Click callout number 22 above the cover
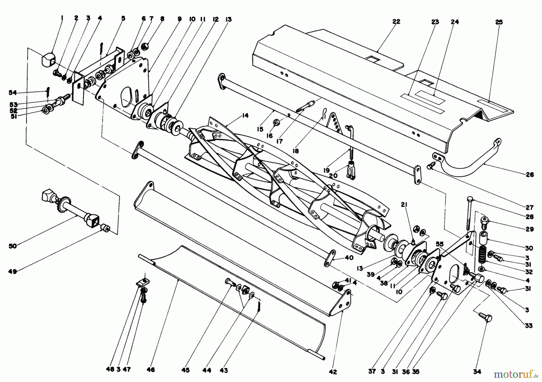click(x=396, y=22)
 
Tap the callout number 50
click(x=13, y=246)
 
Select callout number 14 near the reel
click(x=245, y=115)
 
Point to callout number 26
click(x=530, y=175)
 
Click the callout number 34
click(x=477, y=372)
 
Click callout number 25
click(x=499, y=22)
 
